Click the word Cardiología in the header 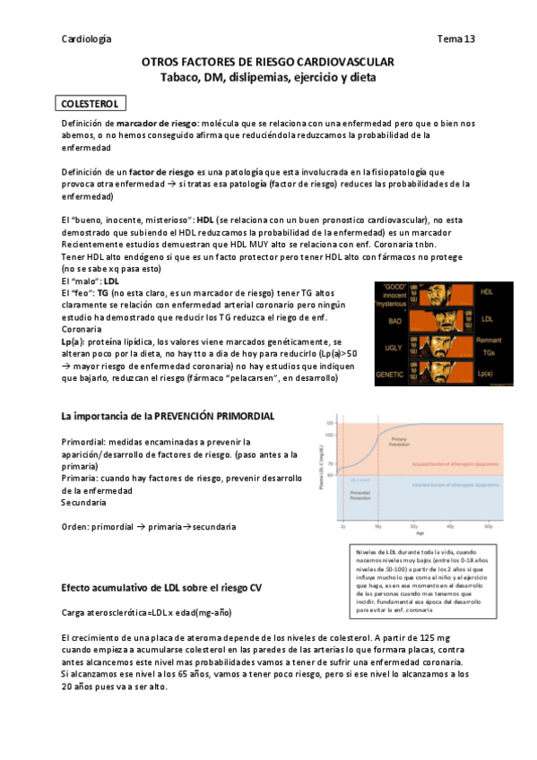(87, 39)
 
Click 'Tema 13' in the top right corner (455, 39)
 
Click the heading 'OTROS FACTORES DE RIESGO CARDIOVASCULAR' (268, 61)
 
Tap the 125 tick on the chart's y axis (329, 422)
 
